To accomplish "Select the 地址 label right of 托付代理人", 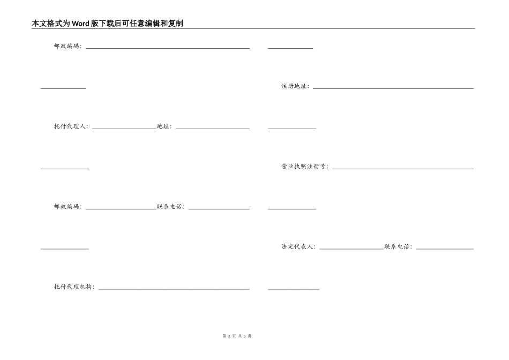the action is tap(163, 126).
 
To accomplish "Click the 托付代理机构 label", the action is tap(73, 287).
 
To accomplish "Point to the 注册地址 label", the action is tap(294, 86).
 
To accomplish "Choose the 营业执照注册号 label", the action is tap(304, 167).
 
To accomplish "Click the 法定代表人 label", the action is tap(297, 247).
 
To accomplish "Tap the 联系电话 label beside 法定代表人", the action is tap(397, 247).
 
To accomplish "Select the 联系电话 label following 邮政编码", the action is tap(170, 207).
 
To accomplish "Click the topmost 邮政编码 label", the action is tap(67, 46).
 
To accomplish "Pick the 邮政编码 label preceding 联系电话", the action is tap(67, 207).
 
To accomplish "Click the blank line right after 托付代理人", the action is tap(124, 128).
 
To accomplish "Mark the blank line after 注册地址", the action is tap(393, 88).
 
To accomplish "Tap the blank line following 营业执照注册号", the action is tap(402, 168).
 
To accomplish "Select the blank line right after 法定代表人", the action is tap(351, 249).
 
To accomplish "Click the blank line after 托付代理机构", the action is tap(174, 289).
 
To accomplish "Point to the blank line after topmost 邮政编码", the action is tap(167, 48).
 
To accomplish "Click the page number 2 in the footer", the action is tap(229, 336).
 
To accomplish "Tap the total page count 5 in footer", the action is tap(244, 336).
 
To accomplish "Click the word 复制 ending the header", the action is tap(176, 24).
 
